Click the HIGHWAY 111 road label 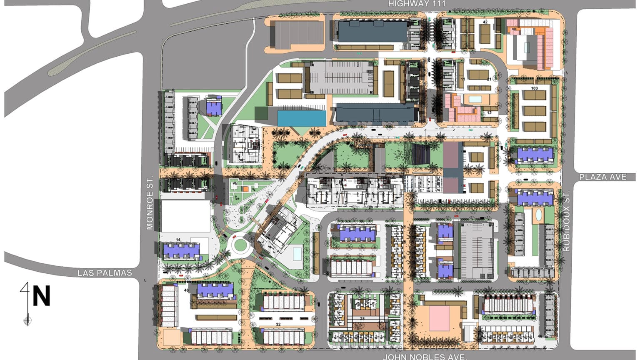point(417,4)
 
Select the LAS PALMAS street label point(105,273)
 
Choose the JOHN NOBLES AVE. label point(424,357)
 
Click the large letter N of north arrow point(41,296)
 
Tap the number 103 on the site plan point(534,88)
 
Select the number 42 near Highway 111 point(485,22)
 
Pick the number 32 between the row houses point(278,324)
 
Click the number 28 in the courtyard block point(362,318)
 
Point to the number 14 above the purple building point(178,240)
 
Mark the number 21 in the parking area point(489,79)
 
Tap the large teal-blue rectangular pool point(302,118)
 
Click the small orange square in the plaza point(245,189)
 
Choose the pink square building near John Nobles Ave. point(439,318)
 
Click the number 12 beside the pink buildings point(489,113)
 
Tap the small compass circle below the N point(27,320)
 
